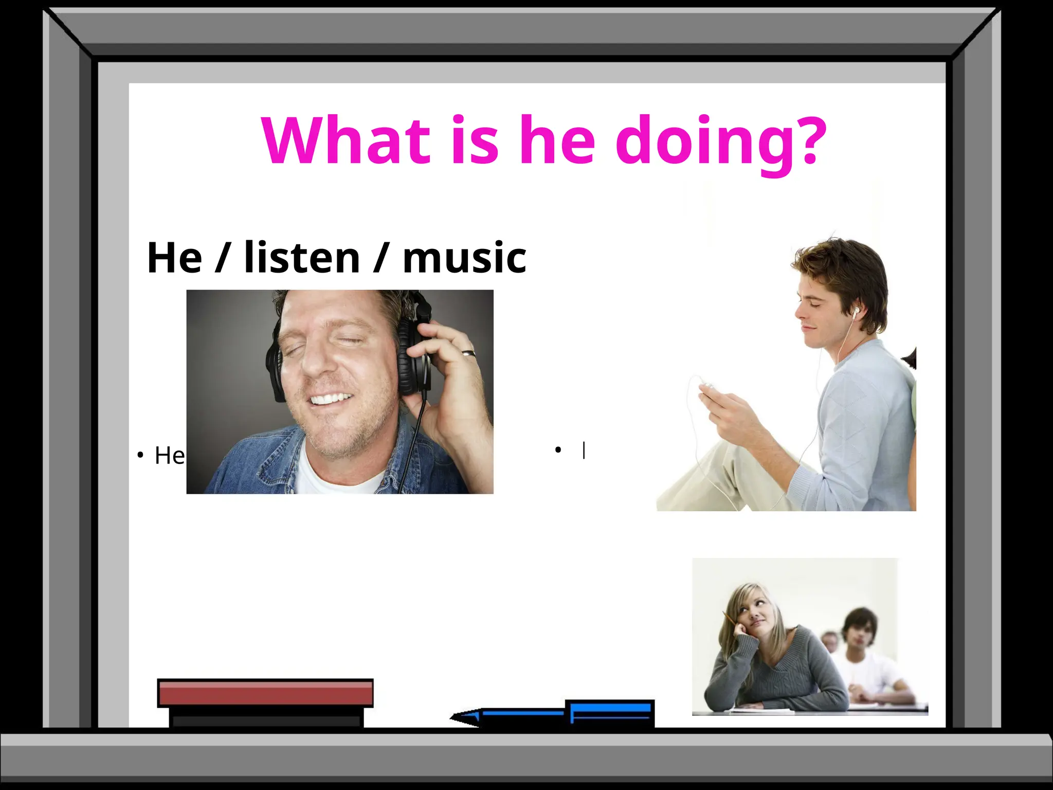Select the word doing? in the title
(721, 141)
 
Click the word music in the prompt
(464, 258)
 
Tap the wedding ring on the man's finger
(468, 353)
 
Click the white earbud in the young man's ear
(856, 311)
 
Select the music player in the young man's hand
(707, 386)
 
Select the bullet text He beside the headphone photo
(169, 456)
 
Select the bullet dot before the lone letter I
(558, 451)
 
